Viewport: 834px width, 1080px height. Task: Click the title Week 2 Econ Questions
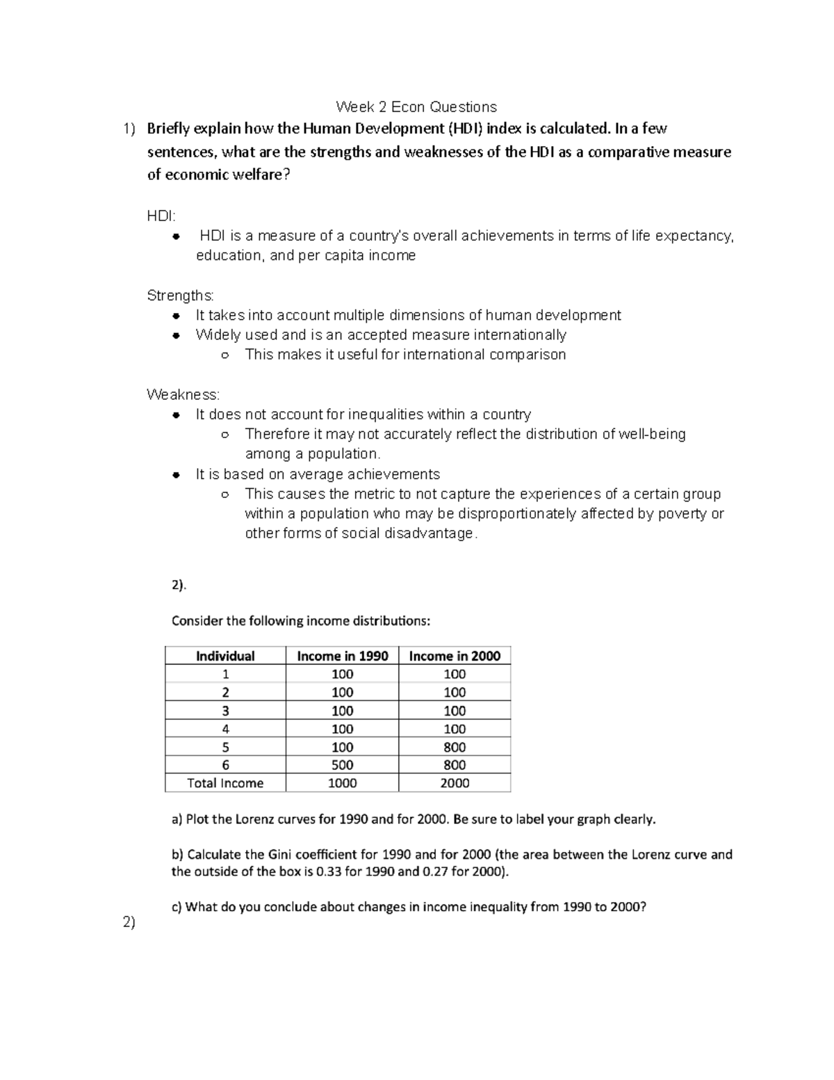416,106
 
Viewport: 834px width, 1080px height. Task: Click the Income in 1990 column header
342,656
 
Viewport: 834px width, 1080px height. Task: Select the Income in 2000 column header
455,656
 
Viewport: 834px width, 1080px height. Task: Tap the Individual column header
225,656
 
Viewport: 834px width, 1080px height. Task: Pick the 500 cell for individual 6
342,765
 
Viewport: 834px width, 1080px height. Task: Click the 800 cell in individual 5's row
455,747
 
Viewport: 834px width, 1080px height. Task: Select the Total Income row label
225,783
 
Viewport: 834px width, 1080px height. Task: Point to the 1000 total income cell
342,783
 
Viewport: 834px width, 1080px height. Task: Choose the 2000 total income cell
455,783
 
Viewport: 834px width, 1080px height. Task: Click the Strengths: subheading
181,296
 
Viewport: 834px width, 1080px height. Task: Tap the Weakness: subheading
183,394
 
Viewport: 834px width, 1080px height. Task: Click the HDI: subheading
161,216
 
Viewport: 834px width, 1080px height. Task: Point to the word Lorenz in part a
255,819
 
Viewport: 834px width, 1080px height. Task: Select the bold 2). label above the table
179,585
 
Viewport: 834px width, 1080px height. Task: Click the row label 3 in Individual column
225,711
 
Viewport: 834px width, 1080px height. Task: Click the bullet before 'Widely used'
177,336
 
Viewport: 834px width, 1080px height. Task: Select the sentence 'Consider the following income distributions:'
301,620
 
